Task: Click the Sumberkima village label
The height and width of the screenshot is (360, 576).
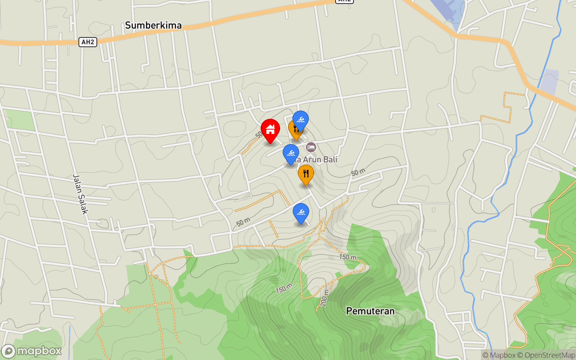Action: [x=153, y=25]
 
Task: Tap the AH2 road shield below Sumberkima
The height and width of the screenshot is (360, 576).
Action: [x=88, y=42]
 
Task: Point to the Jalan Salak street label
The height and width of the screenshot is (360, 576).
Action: [x=80, y=194]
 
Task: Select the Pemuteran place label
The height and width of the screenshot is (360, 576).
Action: [x=370, y=311]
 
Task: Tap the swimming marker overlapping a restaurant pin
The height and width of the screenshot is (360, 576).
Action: [x=301, y=120]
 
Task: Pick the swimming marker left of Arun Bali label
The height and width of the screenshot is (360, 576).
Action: [x=291, y=153]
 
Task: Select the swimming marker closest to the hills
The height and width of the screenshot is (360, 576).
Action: [x=301, y=212]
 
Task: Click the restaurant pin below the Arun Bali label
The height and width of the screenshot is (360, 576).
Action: [x=306, y=174]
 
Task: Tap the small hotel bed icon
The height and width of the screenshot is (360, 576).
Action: [x=311, y=147]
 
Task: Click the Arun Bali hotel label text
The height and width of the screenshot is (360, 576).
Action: [x=317, y=159]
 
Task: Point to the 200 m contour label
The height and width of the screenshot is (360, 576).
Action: [x=324, y=298]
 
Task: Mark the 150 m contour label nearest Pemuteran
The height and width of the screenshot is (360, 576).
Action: [x=348, y=257]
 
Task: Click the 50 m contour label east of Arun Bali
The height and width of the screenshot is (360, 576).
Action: [x=358, y=172]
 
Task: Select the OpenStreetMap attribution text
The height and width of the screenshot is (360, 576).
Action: [x=549, y=355]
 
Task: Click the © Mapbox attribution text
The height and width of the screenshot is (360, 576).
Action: [x=499, y=355]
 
